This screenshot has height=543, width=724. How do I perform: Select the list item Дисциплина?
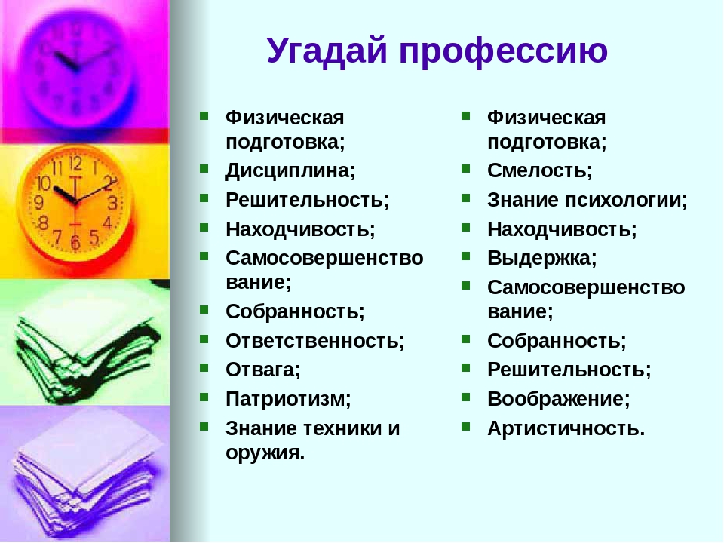pyautogui.click(x=290, y=171)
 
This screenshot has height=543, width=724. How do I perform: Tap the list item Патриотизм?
pyautogui.click(x=288, y=399)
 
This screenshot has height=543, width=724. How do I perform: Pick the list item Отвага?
pyautogui.click(x=262, y=370)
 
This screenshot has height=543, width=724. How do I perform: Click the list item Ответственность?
pyautogui.click(x=315, y=341)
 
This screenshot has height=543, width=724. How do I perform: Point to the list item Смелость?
pyautogui.click(x=539, y=171)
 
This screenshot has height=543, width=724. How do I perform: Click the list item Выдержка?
pyautogui.click(x=542, y=259)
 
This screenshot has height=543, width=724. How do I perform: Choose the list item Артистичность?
pyautogui.click(x=566, y=428)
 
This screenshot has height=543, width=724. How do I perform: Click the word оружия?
pyautogui.click(x=265, y=453)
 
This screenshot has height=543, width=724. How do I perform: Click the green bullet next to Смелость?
pyautogui.click(x=465, y=168)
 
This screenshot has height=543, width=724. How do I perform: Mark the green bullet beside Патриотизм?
pyautogui.click(x=204, y=397)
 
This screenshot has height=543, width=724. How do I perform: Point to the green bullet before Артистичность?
pyautogui.click(x=465, y=426)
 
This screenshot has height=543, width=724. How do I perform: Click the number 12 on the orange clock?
pyautogui.click(x=75, y=163)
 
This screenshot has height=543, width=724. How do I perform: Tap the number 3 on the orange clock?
pyautogui.click(x=112, y=203)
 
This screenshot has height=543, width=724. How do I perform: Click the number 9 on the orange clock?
pyautogui.click(x=39, y=202)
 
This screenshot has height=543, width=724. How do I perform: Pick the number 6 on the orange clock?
pyautogui.click(x=75, y=242)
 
